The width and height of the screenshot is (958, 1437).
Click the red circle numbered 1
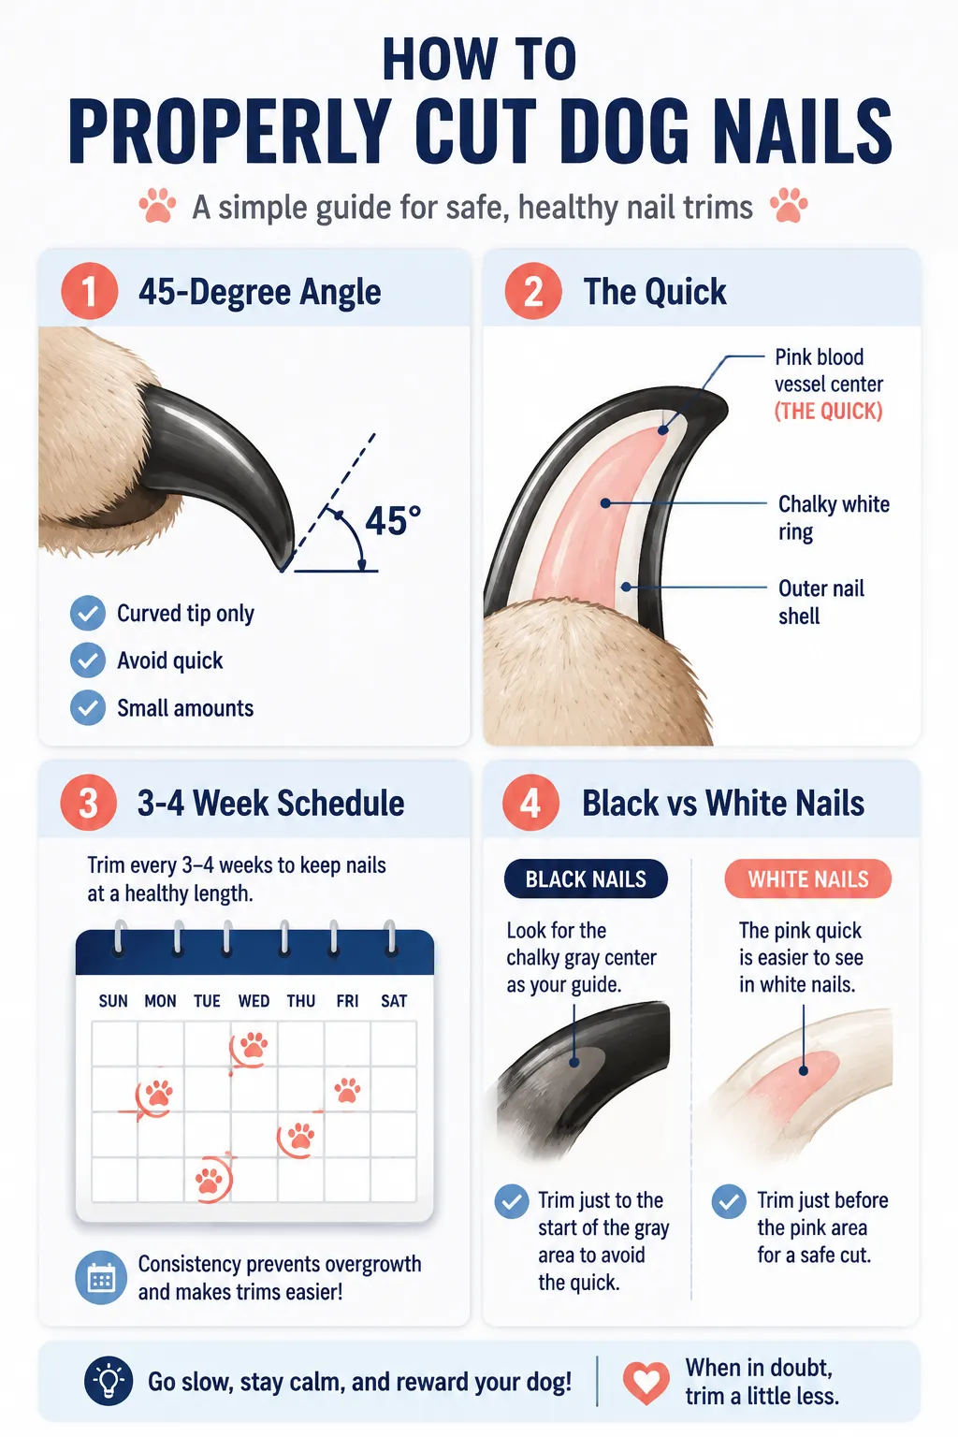tap(89, 291)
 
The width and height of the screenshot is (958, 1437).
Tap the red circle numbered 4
tap(530, 802)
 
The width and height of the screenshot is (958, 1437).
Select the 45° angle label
tap(393, 520)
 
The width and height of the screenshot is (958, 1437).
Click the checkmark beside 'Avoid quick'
tap(88, 660)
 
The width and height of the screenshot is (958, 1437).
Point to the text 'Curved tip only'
tap(185, 614)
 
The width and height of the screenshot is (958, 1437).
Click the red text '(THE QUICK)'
tap(828, 411)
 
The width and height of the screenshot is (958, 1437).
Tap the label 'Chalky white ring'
tap(834, 517)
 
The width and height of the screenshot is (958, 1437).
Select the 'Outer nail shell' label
tap(821, 602)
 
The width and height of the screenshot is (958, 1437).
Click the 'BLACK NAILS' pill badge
tap(586, 878)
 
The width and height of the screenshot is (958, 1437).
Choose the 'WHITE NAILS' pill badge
tap(808, 878)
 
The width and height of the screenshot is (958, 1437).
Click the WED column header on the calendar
tap(254, 1001)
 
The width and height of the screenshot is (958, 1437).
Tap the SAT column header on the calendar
tap(394, 1001)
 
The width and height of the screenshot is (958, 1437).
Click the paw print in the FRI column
tap(347, 1089)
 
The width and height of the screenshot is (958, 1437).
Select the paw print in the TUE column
tap(210, 1179)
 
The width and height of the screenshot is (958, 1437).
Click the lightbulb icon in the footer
tap(109, 1381)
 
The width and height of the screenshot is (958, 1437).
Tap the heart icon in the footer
tap(646, 1381)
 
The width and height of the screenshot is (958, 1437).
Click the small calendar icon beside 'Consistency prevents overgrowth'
tap(101, 1277)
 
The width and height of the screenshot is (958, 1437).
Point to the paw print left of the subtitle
tap(157, 205)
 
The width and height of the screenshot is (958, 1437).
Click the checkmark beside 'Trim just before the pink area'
tap(729, 1201)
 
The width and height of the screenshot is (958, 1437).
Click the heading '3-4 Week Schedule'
tap(270, 803)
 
